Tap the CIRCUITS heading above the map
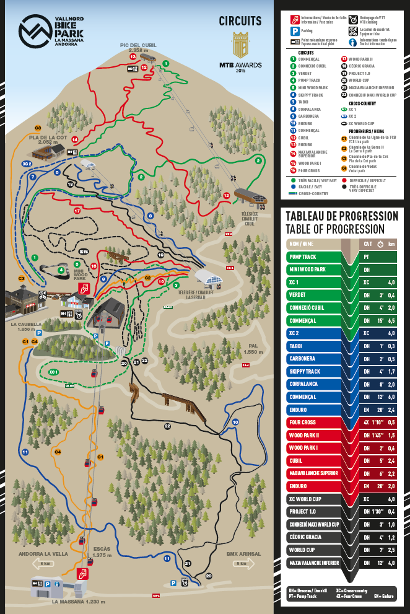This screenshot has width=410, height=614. click(x=240, y=21)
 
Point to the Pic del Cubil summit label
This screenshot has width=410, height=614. click(x=138, y=48)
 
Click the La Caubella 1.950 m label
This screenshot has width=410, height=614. click(x=26, y=326)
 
